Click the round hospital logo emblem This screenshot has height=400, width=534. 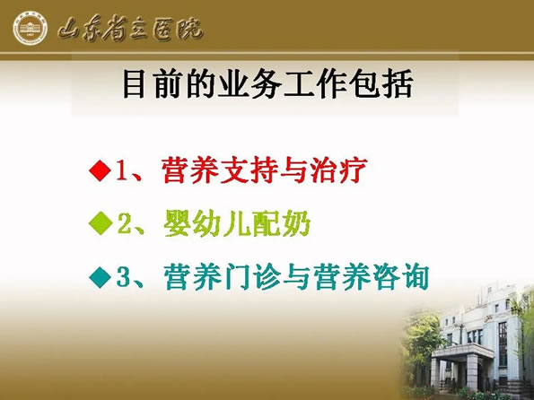point(30,28)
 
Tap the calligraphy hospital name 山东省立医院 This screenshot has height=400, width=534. point(130,29)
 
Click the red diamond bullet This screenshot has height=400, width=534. point(100,170)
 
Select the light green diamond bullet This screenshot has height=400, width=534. point(101,223)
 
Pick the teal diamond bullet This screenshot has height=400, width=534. point(101,277)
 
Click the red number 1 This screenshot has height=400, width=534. point(122,170)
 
